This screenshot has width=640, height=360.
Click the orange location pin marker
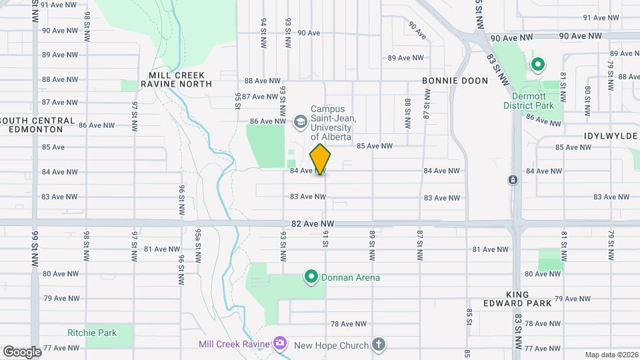pos(321,159)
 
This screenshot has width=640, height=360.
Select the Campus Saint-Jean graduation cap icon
pos(300,121)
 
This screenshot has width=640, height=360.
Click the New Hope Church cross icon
pos(378,345)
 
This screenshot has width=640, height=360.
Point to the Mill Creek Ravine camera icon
pos(280,344)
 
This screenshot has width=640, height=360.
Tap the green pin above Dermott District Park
pos(537,65)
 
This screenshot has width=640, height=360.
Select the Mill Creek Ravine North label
pos(176,80)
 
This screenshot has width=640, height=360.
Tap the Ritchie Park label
pos(92,333)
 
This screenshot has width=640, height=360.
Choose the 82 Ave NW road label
pos(313,224)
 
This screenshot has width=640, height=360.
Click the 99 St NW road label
pos(36,247)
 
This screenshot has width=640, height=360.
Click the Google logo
pos(22,351)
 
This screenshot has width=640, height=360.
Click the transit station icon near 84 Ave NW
pos(513,180)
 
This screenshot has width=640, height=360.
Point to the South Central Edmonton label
pos(38,125)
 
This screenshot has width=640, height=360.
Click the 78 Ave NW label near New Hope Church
pos(349,324)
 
